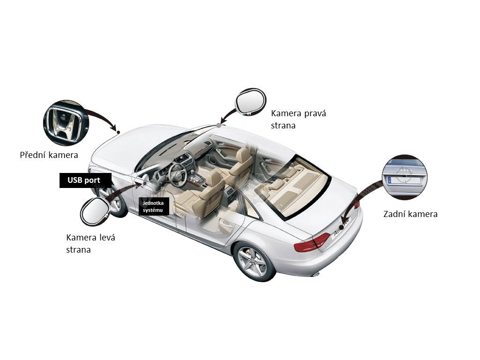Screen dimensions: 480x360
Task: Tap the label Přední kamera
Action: (49, 155)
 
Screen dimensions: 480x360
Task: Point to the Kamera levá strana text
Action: (90, 243)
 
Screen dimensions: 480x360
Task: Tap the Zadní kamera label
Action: (410, 214)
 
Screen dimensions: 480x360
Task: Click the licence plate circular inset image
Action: (405, 177)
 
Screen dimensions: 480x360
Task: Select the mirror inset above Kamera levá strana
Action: (95, 211)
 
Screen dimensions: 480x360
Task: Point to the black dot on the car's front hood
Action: (119, 132)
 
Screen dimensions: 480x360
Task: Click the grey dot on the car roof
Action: (219, 126)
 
